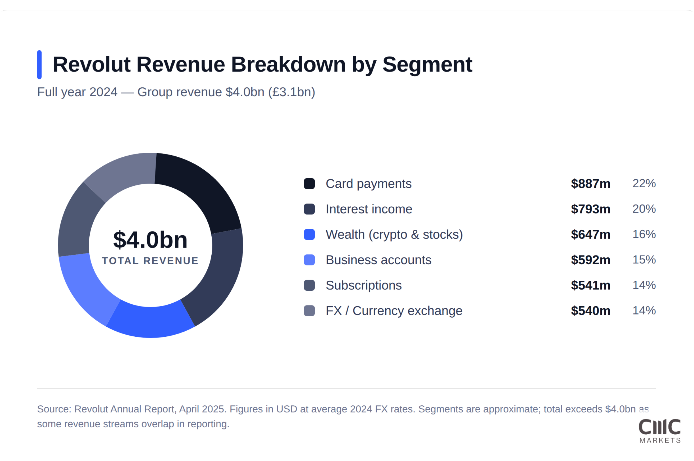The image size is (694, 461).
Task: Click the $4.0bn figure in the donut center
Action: click(x=150, y=240)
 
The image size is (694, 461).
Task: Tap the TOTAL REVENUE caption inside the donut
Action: click(x=150, y=261)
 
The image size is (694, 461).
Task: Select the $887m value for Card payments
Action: click(x=590, y=184)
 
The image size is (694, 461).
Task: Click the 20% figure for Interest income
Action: click(x=644, y=209)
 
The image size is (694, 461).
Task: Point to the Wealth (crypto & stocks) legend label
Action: click(x=394, y=234)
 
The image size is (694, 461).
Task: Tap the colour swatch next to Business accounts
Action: click(x=309, y=260)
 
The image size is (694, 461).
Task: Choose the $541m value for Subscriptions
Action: click(x=590, y=286)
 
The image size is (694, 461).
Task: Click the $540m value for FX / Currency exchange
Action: click(x=590, y=311)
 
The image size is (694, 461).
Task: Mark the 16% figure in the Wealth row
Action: click(x=644, y=234)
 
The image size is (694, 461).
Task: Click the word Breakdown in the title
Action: click(x=288, y=64)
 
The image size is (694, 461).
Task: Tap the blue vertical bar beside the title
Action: click(x=39, y=65)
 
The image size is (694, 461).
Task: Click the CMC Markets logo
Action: click(x=660, y=431)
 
